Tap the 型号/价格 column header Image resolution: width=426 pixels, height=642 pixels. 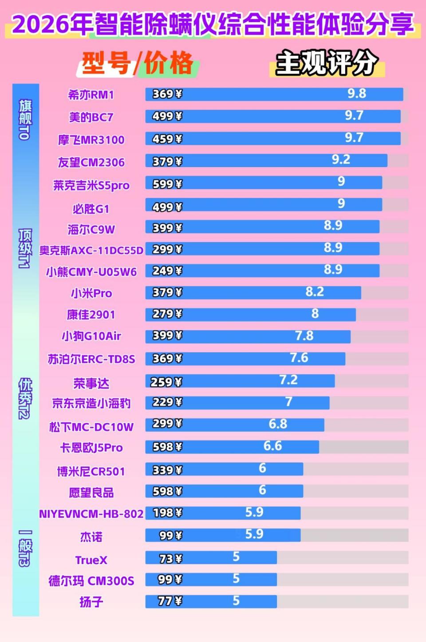pyautogui.click(x=138, y=63)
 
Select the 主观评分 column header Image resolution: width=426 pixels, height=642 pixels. pyautogui.click(x=327, y=63)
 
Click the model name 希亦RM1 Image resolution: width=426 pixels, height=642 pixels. pyautogui.click(x=91, y=94)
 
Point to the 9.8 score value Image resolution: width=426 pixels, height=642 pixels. pyautogui.click(x=356, y=94)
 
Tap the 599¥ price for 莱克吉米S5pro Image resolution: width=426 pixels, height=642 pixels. pyautogui.click(x=167, y=184)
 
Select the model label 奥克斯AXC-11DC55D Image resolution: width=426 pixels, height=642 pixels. pyautogui.click(x=91, y=251)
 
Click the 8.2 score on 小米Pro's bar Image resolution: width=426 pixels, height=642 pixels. pyautogui.click(x=315, y=292)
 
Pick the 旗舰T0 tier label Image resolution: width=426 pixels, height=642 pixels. pyautogui.click(x=25, y=120)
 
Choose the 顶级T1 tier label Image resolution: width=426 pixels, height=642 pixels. pyautogui.click(x=25, y=248)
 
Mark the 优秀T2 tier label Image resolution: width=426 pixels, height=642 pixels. pyautogui.click(x=25, y=398)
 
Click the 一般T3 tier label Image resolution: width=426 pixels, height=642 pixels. pyautogui.click(x=25, y=548)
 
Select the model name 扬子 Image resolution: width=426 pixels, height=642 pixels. pyautogui.click(x=91, y=602)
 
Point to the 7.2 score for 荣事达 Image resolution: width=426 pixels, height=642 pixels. pyautogui.click(x=288, y=380)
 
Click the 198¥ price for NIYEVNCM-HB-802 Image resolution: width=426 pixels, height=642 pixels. pyautogui.click(x=167, y=513)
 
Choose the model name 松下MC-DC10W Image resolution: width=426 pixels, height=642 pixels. pyautogui.click(x=91, y=427)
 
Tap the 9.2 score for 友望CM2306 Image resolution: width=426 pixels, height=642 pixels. pyautogui.click(x=341, y=160)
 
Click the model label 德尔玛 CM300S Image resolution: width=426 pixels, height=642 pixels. pyautogui.click(x=91, y=581)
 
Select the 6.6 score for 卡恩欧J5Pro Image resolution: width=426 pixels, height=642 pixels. pyautogui.click(x=272, y=446)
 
